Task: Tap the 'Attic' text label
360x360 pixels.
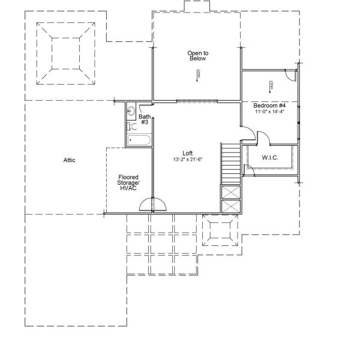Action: click(x=69, y=160)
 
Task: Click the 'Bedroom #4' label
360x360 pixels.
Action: click(x=269, y=106)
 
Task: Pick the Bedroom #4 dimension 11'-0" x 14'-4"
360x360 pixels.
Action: click(x=269, y=112)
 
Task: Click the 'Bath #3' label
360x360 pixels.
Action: click(x=144, y=120)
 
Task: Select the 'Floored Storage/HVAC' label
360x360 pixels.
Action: click(x=128, y=182)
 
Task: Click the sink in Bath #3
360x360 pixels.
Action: click(x=131, y=111)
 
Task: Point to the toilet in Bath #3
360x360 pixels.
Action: click(x=132, y=127)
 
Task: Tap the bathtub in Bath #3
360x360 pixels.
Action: click(x=139, y=140)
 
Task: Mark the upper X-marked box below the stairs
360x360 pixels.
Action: click(x=230, y=193)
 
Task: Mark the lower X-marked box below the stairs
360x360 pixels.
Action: click(x=230, y=207)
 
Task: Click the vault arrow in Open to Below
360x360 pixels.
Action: click(x=197, y=74)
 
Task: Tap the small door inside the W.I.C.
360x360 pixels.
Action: click(x=250, y=170)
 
